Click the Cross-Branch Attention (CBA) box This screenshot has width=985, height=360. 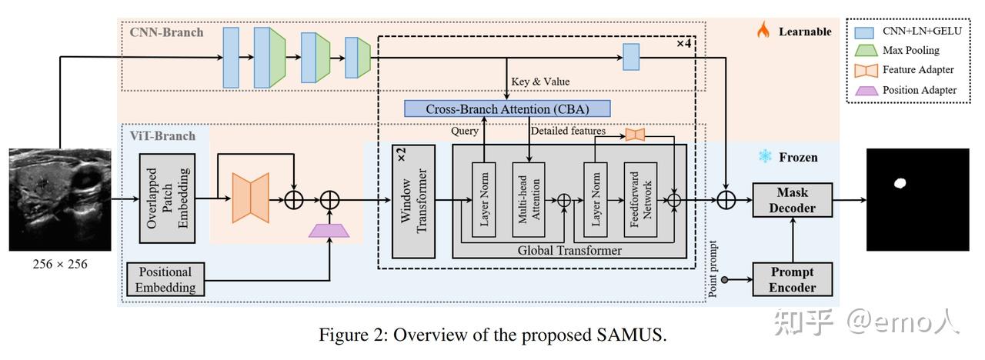tap(507, 108)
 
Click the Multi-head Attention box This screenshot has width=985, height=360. tap(528, 199)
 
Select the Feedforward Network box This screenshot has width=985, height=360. tap(640, 199)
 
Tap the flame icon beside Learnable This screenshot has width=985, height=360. tap(763, 31)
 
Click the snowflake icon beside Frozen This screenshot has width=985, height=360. tap(765, 157)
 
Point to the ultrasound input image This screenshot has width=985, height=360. tap(59, 199)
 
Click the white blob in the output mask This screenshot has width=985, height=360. tap(899, 183)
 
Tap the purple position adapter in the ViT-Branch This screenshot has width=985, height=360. tap(329, 229)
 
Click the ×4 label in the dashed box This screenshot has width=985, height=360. tap(683, 43)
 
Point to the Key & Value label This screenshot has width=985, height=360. tap(540, 82)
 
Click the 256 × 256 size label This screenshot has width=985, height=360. tap(59, 265)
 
